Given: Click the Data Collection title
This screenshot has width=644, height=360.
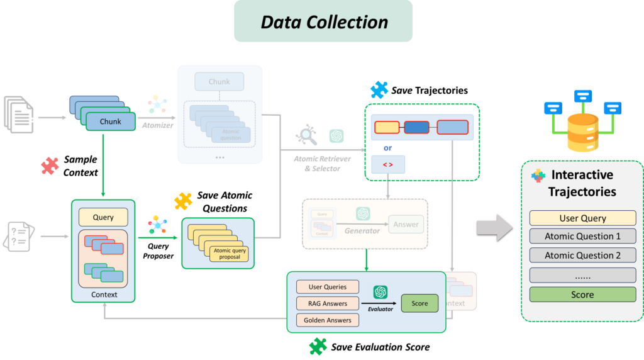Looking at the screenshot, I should click(324, 22).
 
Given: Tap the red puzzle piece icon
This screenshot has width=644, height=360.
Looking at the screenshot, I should click(50, 166).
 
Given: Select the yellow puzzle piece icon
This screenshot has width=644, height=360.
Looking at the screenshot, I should click(183, 201).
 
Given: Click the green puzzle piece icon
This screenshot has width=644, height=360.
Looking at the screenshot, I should click(318, 346).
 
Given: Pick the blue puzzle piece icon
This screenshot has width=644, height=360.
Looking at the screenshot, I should click(379, 90).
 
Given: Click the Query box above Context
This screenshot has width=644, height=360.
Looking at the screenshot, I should click(103, 217).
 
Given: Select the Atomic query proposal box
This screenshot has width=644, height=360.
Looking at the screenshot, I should click(230, 254).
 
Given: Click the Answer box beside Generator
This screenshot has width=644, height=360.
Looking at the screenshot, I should click(406, 224).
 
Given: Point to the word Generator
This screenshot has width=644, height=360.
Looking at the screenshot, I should click(362, 231).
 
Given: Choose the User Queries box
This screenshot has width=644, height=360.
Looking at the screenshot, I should click(327, 287).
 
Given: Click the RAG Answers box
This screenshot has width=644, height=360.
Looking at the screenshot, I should click(327, 303).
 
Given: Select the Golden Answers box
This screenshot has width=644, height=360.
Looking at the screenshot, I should click(327, 320).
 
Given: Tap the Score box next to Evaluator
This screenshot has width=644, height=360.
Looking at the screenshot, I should click(419, 303).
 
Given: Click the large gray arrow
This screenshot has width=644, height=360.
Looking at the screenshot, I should click(495, 227).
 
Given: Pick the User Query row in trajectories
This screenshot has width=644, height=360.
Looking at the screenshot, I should click(582, 218).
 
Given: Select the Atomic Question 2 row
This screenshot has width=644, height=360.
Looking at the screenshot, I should click(582, 256).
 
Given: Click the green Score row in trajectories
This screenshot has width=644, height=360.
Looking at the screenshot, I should click(582, 295).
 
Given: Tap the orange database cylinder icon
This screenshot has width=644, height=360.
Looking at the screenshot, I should click(582, 133).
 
